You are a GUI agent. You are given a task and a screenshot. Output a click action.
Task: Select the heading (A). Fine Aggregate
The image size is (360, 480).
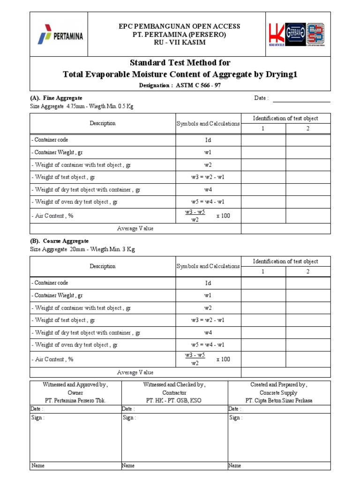pos(56,98)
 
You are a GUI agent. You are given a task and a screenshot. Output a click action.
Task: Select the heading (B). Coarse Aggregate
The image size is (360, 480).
pos(59,241)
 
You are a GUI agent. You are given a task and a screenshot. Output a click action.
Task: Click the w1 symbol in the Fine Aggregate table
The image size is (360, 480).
pos(208,152)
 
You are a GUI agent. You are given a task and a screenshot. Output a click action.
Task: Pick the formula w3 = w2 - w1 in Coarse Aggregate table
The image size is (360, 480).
pos(208,320)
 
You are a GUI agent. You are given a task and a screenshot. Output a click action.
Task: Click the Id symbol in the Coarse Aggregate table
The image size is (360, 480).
pos(208,283)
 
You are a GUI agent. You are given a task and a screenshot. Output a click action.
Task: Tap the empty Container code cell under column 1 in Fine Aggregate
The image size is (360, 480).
pos(263,140)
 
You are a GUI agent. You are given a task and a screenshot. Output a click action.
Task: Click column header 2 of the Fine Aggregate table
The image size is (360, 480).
pos(307,129)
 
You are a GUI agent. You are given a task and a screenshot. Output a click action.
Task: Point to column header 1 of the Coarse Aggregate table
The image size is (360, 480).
pos(263,272)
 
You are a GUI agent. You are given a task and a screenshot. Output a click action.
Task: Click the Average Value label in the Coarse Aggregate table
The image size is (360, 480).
pos(135,372)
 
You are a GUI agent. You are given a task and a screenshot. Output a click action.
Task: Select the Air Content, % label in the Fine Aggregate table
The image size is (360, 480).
pos(52,216)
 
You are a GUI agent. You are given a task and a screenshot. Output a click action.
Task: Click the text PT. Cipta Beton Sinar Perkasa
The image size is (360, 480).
pos(279,401)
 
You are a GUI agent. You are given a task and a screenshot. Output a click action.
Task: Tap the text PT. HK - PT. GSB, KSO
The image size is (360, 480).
pos(174,401)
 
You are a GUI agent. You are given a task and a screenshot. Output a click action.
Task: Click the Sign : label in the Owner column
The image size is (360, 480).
pos(38,418)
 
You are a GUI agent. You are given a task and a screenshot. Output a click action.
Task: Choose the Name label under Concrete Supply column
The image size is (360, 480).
pos(234,465)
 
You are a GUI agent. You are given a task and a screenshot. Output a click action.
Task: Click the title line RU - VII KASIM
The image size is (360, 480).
pos(180,43)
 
